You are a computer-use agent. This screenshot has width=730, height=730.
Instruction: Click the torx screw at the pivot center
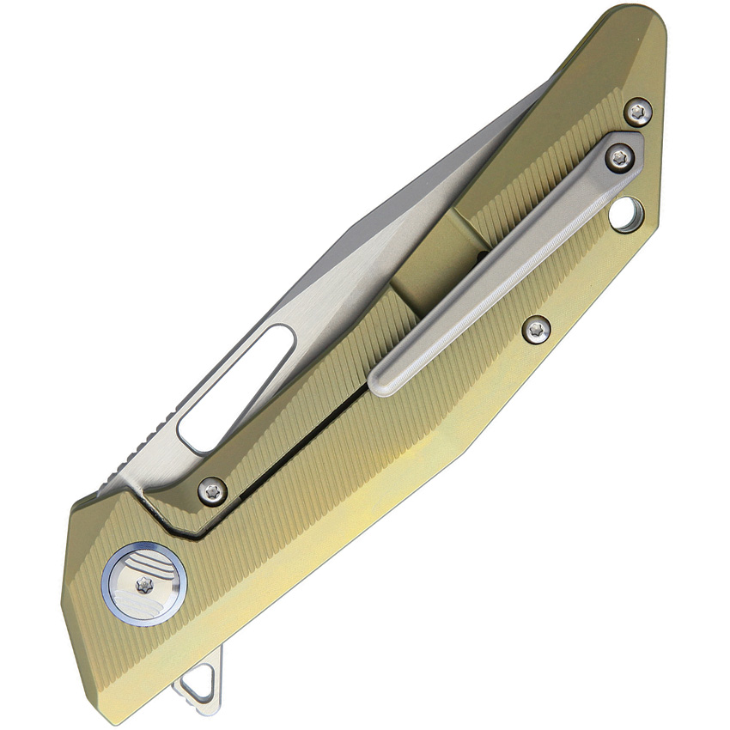coord(144,583)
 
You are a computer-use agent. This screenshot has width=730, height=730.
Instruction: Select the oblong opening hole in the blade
coord(235,388)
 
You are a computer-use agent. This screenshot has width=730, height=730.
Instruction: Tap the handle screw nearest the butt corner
coord(637,111)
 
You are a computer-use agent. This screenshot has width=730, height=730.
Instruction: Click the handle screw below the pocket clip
coord(537,328)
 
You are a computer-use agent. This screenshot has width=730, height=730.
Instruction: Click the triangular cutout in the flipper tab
coord(195,684)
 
